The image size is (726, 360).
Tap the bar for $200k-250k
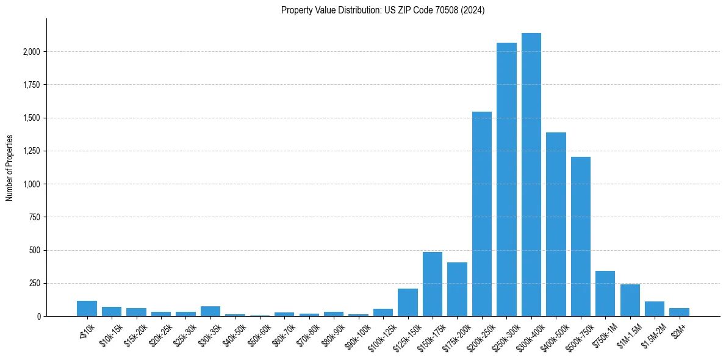(482, 214)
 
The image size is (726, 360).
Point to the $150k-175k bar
(433, 284)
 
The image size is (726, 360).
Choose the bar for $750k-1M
(605, 293)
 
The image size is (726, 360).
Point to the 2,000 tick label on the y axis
(31, 52)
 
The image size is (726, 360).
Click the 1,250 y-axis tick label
(31, 151)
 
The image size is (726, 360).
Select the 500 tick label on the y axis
(34, 250)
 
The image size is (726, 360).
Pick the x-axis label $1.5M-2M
(651, 336)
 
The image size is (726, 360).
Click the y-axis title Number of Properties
(10, 167)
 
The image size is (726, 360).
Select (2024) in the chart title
(474, 10)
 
